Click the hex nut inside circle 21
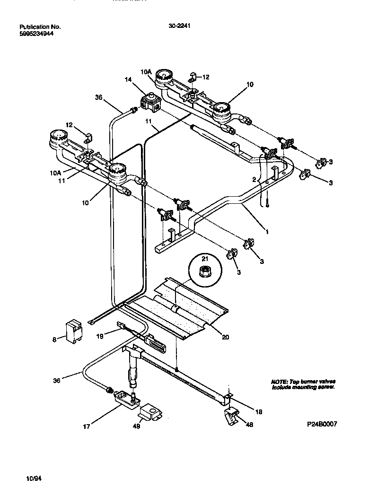[205, 271]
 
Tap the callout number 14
[128, 80]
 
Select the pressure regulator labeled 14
[150, 103]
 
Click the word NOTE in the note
[279, 382]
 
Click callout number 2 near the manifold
[254, 180]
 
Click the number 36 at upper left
[98, 98]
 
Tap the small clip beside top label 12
[193, 77]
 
